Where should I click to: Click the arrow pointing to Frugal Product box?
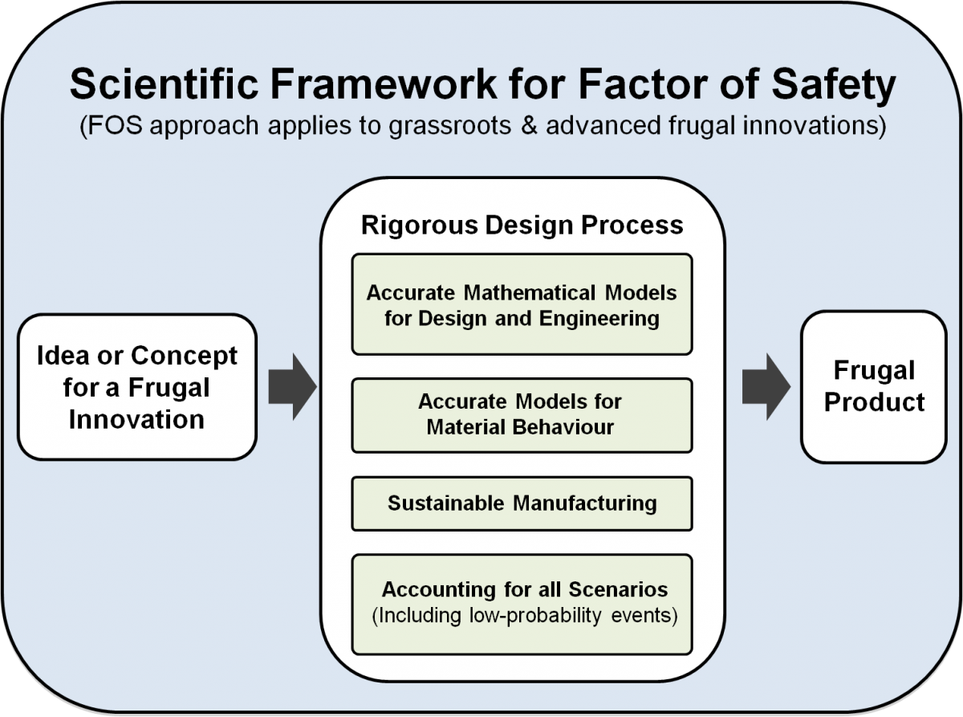(x=766, y=386)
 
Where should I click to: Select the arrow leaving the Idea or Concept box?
(x=293, y=386)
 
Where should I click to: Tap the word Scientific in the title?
(x=165, y=84)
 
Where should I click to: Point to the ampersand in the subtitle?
(x=528, y=125)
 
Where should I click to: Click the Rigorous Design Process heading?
(x=522, y=225)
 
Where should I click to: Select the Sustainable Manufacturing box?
(x=522, y=503)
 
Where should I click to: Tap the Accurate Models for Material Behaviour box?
(x=522, y=415)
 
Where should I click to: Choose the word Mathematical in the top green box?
(x=530, y=292)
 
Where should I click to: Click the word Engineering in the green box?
(x=599, y=320)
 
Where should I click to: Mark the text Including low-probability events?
(x=525, y=616)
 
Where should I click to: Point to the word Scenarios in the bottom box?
(x=618, y=589)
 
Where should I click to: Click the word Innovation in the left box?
(x=136, y=419)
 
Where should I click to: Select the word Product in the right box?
(x=875, y=401)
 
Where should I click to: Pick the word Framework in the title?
(x=384, y=84)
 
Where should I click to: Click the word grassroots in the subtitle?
(x=450, y=126)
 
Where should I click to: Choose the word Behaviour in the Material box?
(x=563, y=427)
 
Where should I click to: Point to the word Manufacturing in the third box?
(x=585, y=503)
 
